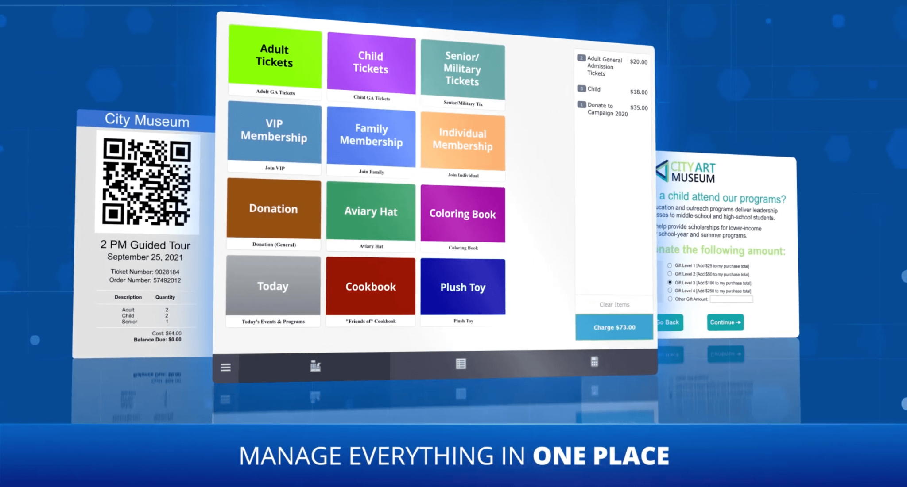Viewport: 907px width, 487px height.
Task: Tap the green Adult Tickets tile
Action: (275, 56)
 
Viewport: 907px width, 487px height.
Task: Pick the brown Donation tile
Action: (274, 209)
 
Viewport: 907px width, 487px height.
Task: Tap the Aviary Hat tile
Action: (371, 211)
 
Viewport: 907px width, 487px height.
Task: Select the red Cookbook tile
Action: (371, 287)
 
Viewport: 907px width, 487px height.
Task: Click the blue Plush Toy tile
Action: (463, 287)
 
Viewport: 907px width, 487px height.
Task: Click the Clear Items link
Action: (614, 304)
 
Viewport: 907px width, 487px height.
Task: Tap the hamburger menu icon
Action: (226, 367)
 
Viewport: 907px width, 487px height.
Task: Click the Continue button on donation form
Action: (725, 322)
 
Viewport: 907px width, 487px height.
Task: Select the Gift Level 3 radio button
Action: (670, 282)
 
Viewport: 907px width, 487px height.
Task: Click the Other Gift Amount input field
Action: (731, 299)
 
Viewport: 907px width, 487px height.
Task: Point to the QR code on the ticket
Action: (147, 181)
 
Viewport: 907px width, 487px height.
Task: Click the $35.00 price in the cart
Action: (639, 108)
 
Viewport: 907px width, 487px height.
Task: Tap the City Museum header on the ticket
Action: (147, 120)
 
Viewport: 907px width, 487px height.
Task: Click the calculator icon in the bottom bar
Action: (594, 362)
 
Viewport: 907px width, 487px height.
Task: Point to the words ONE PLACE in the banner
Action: (601, 456)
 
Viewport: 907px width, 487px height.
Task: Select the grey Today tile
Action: (273, 286)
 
